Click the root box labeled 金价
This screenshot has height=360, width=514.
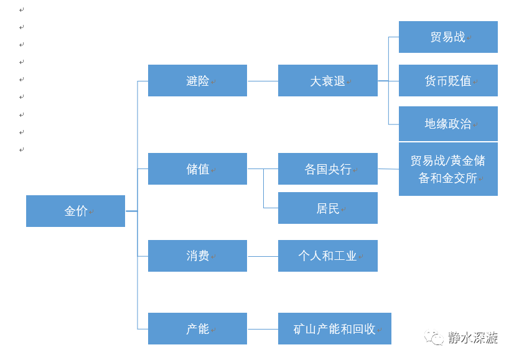point(75,211)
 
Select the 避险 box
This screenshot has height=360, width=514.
point(197,80)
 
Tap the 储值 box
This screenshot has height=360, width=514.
point(197,168)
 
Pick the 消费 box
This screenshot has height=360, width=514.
point(197,256)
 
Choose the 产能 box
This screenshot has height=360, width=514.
point(197,328)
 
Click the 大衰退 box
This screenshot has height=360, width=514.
point(327,80)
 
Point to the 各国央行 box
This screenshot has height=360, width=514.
point(327,168)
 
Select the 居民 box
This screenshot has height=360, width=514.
point(327,208)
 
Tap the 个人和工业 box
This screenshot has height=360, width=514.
point(327,256)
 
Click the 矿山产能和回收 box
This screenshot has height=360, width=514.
point(334,328)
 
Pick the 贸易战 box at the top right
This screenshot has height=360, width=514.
point(448,37)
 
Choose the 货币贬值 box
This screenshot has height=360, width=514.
point(448,80)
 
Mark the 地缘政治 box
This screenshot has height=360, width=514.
point(448,123)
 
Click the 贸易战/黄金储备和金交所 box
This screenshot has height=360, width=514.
point(448,169)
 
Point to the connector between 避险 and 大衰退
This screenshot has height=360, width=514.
point(263,81)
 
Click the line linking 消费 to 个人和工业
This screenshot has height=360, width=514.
point(263,256)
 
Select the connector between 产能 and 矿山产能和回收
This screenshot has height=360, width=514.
point(263,328)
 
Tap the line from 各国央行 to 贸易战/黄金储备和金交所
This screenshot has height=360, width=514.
point(388,168)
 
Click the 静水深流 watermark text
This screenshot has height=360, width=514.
point(472,338)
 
